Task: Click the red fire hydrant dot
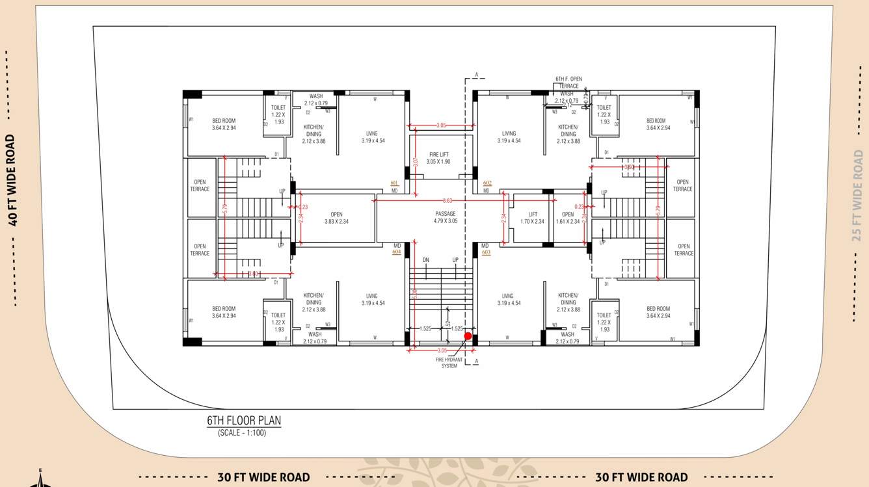pos(468,336)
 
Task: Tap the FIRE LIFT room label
pos(438,158)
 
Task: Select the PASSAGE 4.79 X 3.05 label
pos(445,217)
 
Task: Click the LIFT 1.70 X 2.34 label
pos(533,218)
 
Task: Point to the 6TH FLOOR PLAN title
pos(244,421)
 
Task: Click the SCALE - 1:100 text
pos(242,433)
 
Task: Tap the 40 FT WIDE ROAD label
pos(11,180)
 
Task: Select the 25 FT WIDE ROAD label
pos(858,196)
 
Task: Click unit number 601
pos(394,183)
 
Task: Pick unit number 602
pos(487,183)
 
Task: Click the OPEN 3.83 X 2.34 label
pos(336,218)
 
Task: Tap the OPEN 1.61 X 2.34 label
pos(568,218)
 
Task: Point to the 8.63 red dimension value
pos(448,201)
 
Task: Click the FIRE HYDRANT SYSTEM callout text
pos(449,363)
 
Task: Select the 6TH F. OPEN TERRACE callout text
pos(568,83)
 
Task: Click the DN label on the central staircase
pos(425,260)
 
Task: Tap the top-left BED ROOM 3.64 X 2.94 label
pos(224,124)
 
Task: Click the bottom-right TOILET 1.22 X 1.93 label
pos(604,322)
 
